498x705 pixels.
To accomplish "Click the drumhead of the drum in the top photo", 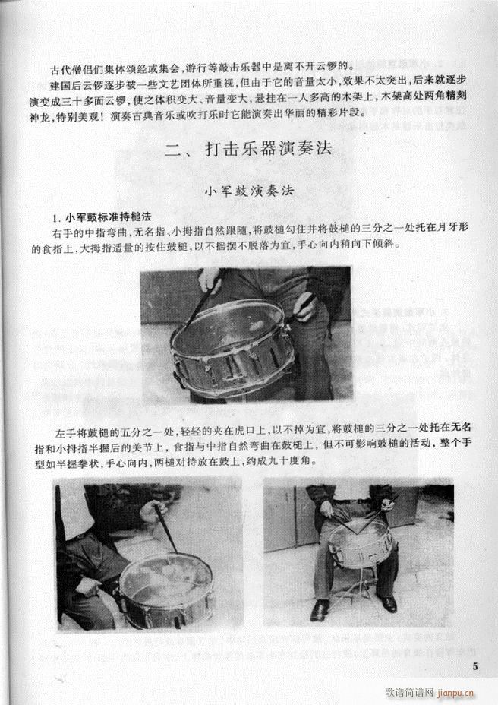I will tap(231, 334).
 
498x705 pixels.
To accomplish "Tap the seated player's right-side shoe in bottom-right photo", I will tap(389, 604).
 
